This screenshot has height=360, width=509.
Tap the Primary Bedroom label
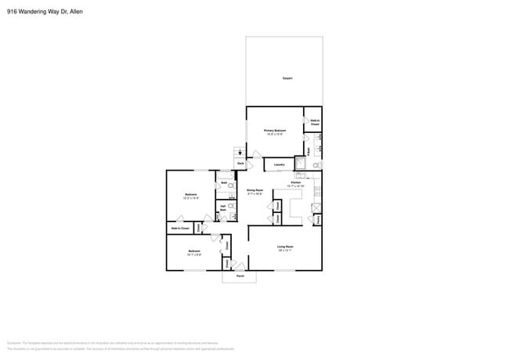click(x=274, y=131)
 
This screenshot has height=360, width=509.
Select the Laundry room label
click(x=278, y=165)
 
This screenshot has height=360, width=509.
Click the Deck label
click(x=240, y=164)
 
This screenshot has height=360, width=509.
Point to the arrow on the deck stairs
click(x=240, y=152)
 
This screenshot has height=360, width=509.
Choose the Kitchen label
click(x=295, y=182)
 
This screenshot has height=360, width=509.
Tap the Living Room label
click(x=284, y=247)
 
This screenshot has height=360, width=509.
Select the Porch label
click(x=240, y=276)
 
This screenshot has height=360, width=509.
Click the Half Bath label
click(x=223, y=208)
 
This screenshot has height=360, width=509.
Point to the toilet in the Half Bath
click(x=232, y=207)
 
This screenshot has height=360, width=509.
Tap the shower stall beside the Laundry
click(x=300, y=163)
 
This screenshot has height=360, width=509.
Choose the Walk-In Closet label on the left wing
click(x=179, y=228)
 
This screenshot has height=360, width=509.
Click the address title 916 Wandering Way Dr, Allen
click(x=44, y=11)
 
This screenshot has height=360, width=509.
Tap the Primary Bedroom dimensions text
click(x=274, y=135)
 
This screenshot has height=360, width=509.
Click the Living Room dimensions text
click(x=284, y=251)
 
